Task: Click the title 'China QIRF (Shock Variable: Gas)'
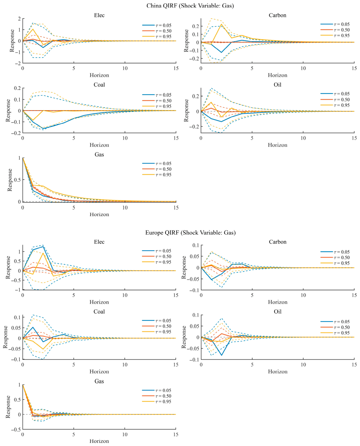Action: (x=190, y=6)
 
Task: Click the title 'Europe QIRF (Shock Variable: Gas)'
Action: (x=190, y=232)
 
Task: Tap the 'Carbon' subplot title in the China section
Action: (x=277, y=15)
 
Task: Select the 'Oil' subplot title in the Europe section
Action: (x=277, y=311)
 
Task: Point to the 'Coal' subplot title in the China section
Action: (x=99, y=85)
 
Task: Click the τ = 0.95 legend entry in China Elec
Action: (x=157, y=36)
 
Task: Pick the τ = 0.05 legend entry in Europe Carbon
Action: (x=335, y=252)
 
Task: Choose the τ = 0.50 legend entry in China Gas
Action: (x=157, y=169)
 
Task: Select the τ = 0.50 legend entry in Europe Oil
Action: (x=335, y=327)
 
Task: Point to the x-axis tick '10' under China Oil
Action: (x=303, y=138)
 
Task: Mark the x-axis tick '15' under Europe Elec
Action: (x=176, y=295)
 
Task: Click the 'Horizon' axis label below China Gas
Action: (x=99, y=214)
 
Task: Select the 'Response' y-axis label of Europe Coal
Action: (x=6, y=337)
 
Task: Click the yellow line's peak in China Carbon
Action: (x=221, y=24)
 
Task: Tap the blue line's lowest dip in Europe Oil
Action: (x=221, y=355)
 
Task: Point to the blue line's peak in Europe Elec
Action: (x=43, y=246)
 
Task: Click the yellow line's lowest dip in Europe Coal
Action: (x=43, y=349)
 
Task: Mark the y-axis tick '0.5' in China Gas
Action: (x=18, y=180)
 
